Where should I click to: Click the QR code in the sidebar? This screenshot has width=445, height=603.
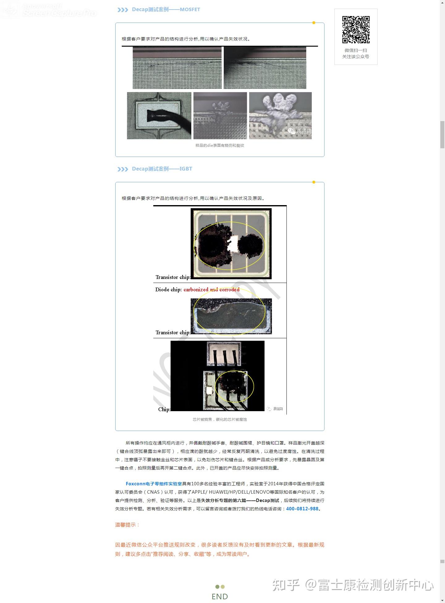click(356, 30)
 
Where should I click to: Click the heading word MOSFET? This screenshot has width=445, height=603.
click(190, 10)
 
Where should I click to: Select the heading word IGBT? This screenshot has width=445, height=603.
click(186, 169)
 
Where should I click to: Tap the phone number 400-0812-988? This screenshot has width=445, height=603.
click(302, 509)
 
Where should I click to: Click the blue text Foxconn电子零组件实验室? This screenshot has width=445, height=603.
click(154, 484)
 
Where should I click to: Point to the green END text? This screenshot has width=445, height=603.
click(220, 597)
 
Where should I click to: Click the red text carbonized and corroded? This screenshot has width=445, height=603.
click(211, 289)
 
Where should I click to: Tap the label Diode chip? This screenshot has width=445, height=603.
click(168, 289)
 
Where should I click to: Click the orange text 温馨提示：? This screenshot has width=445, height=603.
click(127, 525)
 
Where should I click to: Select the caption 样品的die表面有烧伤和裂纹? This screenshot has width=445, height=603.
click(220, 145)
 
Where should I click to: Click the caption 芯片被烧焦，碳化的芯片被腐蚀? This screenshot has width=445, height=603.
click(220, 420)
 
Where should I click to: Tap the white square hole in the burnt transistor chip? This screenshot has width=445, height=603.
click(233, 244)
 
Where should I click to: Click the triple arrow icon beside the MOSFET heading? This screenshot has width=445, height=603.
click(123, 10)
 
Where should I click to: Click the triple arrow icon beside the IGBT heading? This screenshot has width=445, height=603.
click(123, 169)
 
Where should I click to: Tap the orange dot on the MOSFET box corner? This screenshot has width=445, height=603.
click(314, 23)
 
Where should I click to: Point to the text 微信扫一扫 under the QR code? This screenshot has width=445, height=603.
click(356, 50)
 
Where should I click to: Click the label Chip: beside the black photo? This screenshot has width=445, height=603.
click(164, 409)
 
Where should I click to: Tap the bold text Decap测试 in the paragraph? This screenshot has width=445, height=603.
click(267, 500)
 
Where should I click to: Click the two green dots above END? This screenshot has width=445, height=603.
click(220, 587)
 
